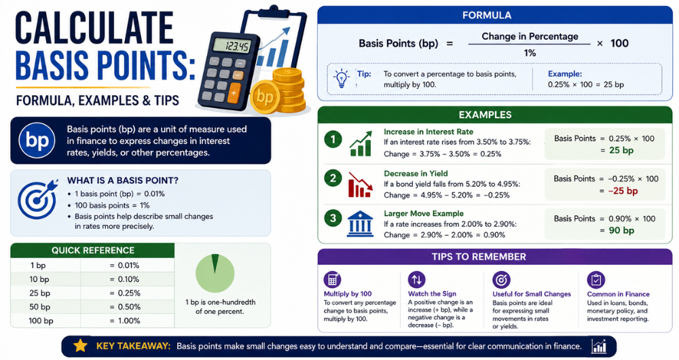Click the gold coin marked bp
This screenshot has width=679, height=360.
[x=265, y=96]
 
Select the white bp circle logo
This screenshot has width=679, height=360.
[x=37, y=141]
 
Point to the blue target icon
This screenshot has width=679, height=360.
[x=37, y=199]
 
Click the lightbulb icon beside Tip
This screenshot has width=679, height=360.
[x=342, y=78]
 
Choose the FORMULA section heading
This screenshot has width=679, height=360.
[x=487, y=16]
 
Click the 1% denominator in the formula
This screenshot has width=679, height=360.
[x=530, y=53]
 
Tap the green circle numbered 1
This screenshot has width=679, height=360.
[x=333, y=139]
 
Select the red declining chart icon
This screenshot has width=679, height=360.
[x=360, y=185]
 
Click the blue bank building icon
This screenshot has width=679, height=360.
[x=360, y=224]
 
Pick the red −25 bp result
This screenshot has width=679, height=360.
[x=623, y=191]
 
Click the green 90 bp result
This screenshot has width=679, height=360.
[x=621, y=230]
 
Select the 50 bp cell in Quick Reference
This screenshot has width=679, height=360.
[x=40, y=307]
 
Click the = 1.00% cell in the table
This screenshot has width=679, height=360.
[x=125, y=321]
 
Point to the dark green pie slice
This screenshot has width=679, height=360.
[x=215, y=263]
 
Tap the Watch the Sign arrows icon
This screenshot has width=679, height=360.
[x=417, y=280]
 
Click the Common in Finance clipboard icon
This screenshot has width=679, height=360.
[x=596, y=280]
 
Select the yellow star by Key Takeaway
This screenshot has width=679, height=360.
[x=80, y=345]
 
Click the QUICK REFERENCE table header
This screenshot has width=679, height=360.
[x=92, y=251]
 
